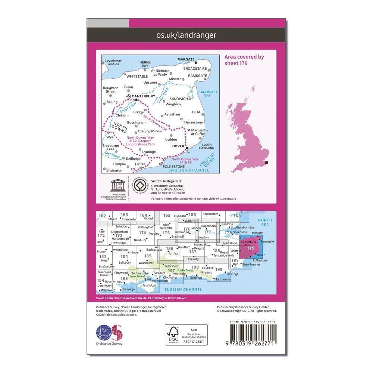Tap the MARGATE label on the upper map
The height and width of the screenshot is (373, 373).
[x=185, y=59]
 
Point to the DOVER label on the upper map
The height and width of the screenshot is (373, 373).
[x=178, y=146]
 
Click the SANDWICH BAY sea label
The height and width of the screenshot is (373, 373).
[x=204, y=94]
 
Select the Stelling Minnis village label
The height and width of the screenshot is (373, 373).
[x=150, y=131]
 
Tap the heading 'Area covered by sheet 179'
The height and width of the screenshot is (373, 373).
[x=244, y=60]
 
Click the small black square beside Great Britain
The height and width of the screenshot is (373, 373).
[x=267, y=163]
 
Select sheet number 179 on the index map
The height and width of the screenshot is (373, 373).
[x=251, y=248]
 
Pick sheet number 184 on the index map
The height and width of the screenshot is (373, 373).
[x=124, y=257]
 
